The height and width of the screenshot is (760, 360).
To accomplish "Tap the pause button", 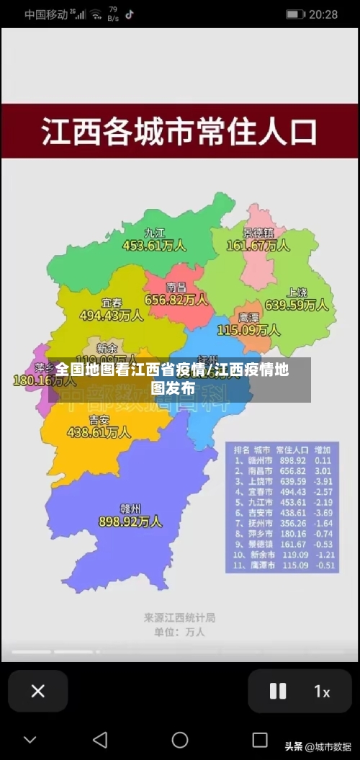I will click(x=277, y=691).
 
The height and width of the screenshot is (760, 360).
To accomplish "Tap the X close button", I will click(x=38, y=691).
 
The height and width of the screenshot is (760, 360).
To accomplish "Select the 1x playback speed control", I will click(x=321, y=692).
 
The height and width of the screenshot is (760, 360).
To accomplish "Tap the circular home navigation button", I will click(x=180, y=740).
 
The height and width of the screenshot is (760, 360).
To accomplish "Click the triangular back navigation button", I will click(x=100, y=740).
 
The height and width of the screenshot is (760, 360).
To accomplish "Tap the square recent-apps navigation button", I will click(x=260, y=740).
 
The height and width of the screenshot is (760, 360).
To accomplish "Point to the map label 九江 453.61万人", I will click(x=154, y=239).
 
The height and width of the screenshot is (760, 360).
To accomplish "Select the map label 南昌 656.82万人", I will click(x=176, y=294).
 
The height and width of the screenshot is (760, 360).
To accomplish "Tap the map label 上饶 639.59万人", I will click(x=297, y=299).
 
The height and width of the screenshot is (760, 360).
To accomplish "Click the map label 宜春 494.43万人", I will click(x=111, y=309).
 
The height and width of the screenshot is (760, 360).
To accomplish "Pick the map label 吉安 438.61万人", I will click(x=99, y=426).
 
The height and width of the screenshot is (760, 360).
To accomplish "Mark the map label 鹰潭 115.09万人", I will click(x=248, y=324).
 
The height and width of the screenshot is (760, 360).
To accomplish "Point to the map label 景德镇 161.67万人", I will click(x=258, y=239).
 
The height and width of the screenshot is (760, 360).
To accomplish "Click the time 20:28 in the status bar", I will click(x=323, y=14).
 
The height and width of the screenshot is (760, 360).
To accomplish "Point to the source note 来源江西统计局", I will click(x=179, y=617).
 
